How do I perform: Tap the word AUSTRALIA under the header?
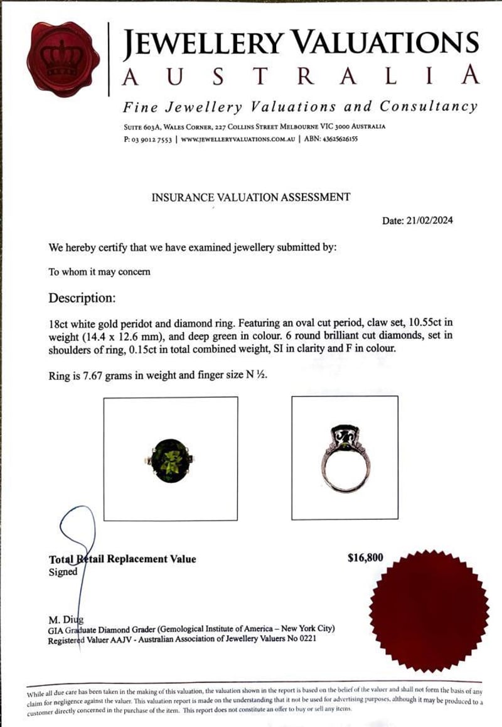(301, 75)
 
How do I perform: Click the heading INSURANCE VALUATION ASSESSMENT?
(250, 197)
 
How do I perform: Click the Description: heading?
(82, 297)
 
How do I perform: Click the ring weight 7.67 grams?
(112, 377)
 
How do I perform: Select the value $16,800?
(365, 557)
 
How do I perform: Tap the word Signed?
(63, 572)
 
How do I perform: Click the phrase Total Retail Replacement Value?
(122, 559)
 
